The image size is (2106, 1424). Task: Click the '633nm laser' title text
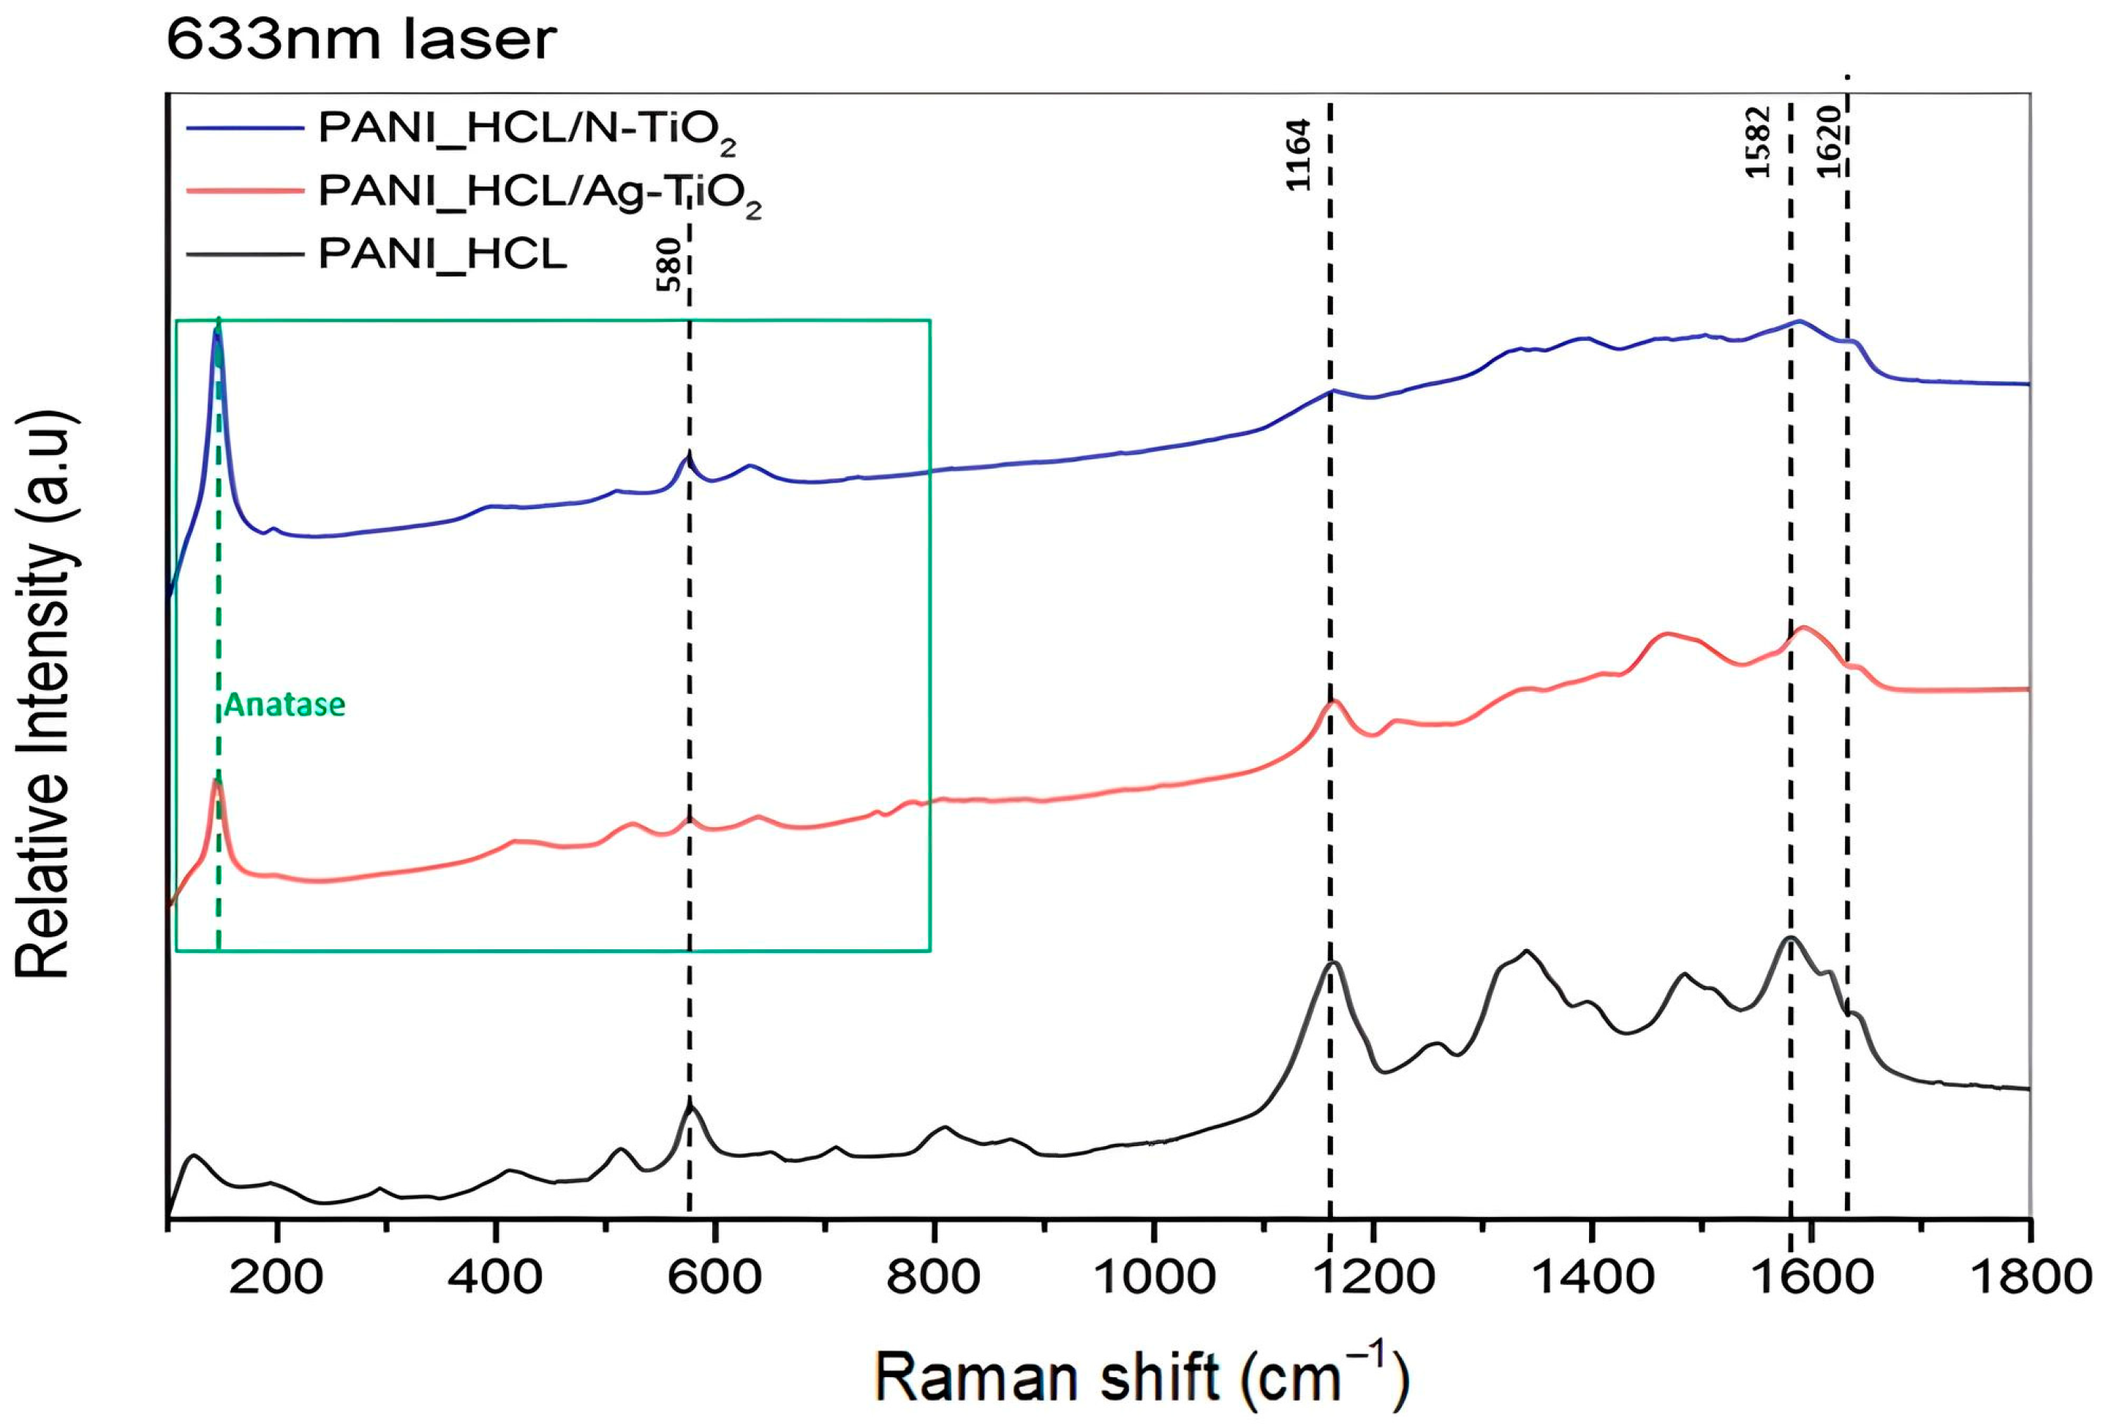tap(361, 41)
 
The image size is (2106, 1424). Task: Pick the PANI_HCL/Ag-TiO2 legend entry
tap(539, 194)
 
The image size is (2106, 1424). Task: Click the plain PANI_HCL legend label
tap(442, 255)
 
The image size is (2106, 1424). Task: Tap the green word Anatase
tap(284, 704)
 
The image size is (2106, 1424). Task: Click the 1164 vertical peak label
tap(1298, 155)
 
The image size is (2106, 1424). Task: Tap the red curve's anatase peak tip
tap(216, 781)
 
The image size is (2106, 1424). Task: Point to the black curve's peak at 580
tap(690, 1106)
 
